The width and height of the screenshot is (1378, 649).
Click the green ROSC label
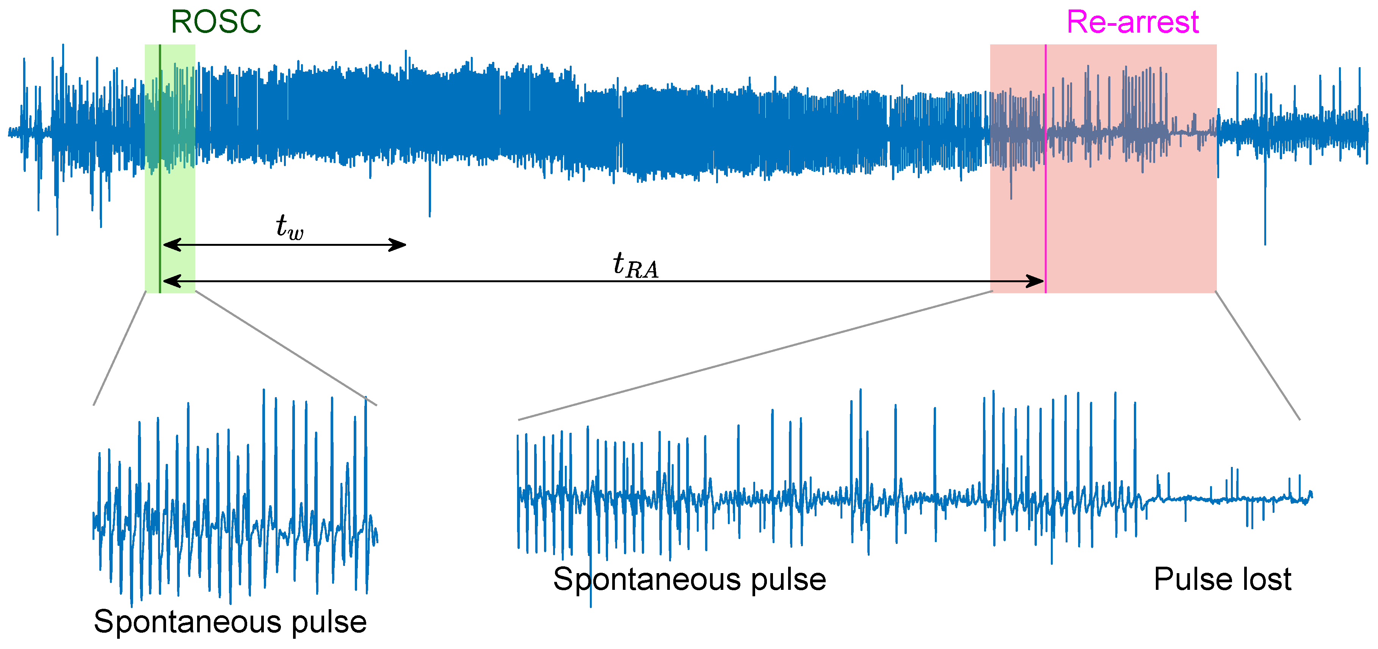(216, 22)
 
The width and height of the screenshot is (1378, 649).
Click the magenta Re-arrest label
(1132, 22)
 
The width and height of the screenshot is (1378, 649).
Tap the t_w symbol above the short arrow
(289, 227)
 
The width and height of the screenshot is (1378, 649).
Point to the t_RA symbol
(635, 265)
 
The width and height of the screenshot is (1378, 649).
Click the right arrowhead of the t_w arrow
(398, 245)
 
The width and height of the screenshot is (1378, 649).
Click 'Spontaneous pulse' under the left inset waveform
(230, 621)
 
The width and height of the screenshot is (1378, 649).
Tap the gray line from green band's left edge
(119, 348)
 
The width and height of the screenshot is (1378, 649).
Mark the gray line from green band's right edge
(286, 348)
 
